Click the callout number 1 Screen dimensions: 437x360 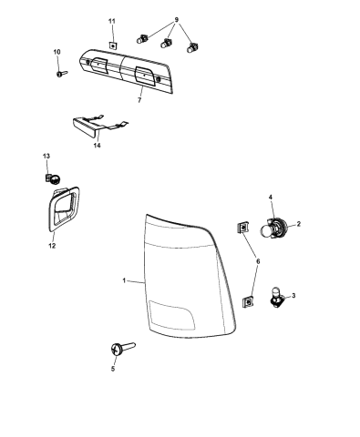pos(123,280)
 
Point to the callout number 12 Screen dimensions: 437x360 pos(52,245)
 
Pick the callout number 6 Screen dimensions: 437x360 pos(258,261)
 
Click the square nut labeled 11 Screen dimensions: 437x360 pos(111,43)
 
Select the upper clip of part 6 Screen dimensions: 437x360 pos(242,228)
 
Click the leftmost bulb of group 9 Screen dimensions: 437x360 pos(143,38)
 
